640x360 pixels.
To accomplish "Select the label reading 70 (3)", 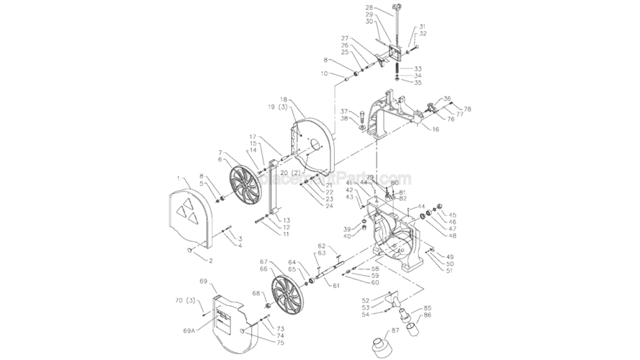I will pyautogui.click(x=186, y=300).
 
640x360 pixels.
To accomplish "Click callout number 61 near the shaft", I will pyautogui.click(x=335, y=286).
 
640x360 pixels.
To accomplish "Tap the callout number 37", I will pyautogui.click(x=344, y=111).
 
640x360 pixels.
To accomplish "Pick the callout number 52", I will pyautogui.click(x=366, y=300).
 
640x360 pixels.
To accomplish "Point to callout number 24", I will pyautogui.click(x=329, y=207).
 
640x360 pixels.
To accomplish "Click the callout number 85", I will pyautogui.click(x=428, y=308).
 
